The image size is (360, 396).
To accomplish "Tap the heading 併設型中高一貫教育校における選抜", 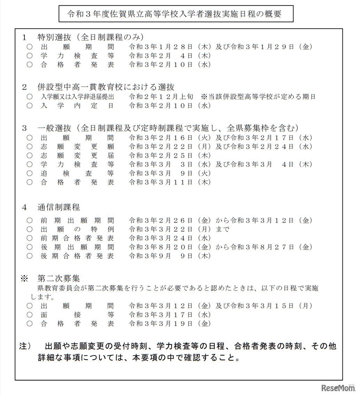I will point(106,87).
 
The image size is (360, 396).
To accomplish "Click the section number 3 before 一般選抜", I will point(24,128).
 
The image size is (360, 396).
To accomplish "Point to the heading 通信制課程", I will point(59,208).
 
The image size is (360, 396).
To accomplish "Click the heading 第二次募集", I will point(59,278).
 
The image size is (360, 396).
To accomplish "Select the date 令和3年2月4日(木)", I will point(170,56).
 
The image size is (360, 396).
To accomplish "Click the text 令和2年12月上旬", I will point(161,97).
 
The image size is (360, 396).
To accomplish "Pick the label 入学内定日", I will point(77,106).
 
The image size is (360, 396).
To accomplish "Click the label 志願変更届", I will point(77,155).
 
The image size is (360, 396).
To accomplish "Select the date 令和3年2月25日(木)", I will point(170,155).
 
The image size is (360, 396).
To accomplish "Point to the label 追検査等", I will point(77,173).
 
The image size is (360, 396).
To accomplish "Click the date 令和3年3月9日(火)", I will point(170,173).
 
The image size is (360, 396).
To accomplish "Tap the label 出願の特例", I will point(77,229).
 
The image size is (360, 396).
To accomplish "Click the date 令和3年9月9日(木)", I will point(170,256).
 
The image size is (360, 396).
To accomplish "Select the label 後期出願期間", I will point(77,247).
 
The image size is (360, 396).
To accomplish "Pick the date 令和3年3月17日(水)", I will point(170,315).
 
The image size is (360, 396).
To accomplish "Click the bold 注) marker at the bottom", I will point(25,347).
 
